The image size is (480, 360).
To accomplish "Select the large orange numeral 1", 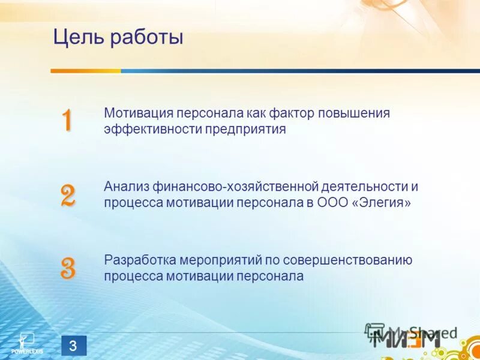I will click(x=67, y=121).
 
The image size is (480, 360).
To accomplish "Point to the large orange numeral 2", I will click(x=68, y=196).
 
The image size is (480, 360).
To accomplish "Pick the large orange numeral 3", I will click(x=68, y=268).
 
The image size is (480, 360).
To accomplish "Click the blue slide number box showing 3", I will click(x=74, y=346).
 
